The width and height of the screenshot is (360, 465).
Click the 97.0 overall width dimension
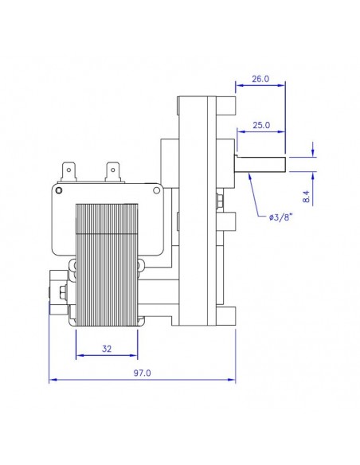pos(143,373)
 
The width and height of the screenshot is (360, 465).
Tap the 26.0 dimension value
pos(260,79)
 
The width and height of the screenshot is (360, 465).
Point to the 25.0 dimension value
pos(260,126)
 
